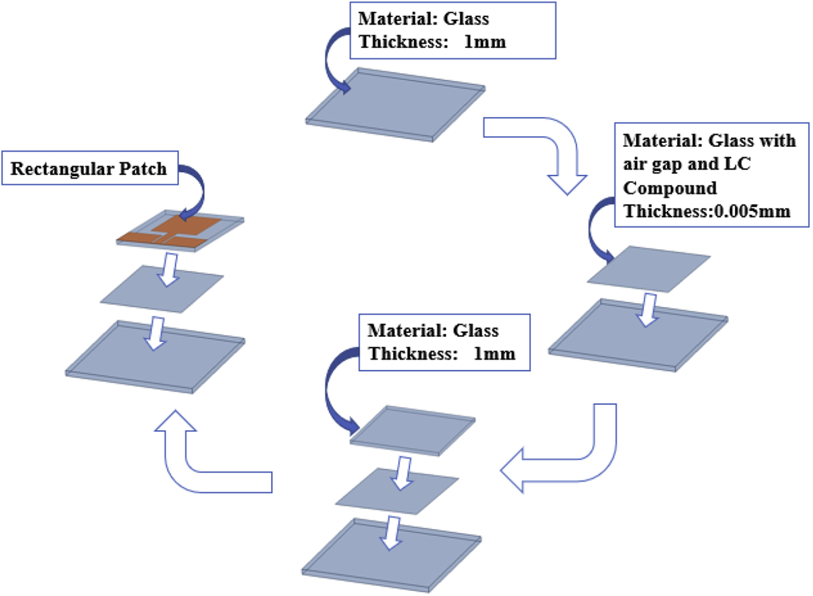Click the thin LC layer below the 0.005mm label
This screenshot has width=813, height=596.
[x=648, y=268]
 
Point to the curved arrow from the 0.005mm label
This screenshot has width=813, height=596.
[x=600, y=229]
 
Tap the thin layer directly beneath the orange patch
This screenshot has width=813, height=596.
[x=162, y=289]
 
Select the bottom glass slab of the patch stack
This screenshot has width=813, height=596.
[x=156, y=356]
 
